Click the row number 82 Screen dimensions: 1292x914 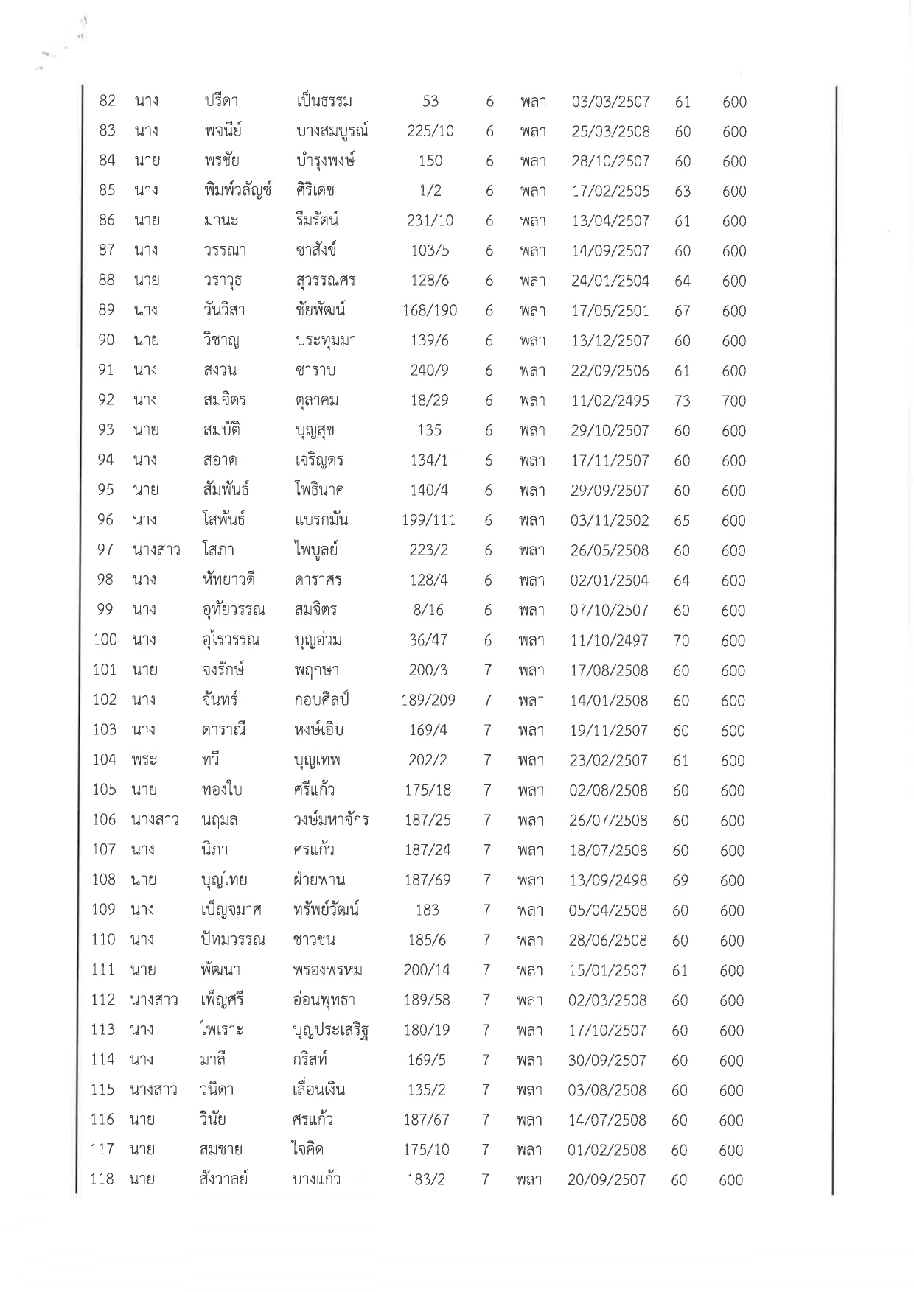(108, 101)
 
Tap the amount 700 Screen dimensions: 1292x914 (733, 401)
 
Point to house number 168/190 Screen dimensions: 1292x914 (430, 311)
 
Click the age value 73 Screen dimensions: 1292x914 (682, 401)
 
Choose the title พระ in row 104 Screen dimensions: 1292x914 (144, 760)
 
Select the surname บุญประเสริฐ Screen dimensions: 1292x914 (330, 1031)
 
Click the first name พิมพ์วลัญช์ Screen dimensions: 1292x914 (237, 191)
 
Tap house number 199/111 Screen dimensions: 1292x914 (428, 521)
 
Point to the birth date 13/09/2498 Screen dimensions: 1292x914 (608, 880)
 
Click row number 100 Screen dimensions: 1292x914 (105, 640)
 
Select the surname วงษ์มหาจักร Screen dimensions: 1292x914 (330, 820)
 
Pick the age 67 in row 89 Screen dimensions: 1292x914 (682, 311)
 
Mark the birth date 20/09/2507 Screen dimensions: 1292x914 (607, 1180)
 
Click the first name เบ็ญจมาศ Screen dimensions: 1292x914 (231, 910)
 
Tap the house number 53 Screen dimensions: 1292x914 (430, 101)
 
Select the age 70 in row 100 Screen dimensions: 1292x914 (681, 641)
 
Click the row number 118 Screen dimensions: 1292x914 (102, 1179)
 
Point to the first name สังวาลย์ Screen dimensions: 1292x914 (223, 1179)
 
